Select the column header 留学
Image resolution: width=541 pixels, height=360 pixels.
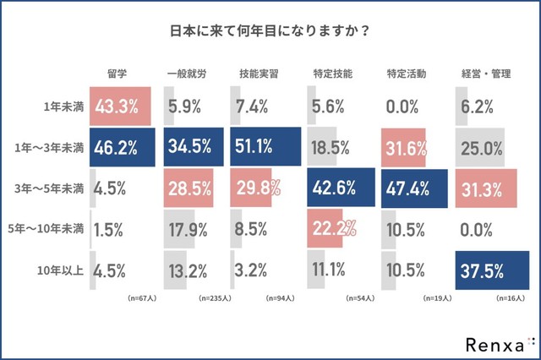point(117,74)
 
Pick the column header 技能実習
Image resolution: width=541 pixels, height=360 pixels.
point(260,74)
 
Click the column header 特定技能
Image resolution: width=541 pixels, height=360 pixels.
point(331,74)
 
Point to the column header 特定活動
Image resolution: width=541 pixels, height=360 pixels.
point(404,74)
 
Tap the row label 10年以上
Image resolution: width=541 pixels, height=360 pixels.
point(63,270)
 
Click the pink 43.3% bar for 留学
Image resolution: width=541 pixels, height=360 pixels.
point(120,106)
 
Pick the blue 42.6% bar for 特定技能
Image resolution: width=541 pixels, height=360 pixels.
point(341,188)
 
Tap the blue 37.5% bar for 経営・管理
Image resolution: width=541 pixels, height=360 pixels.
point(491,270)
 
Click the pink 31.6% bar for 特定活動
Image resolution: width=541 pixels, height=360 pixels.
point(403,147)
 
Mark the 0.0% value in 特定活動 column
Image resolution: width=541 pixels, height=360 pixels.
point(402,106)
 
